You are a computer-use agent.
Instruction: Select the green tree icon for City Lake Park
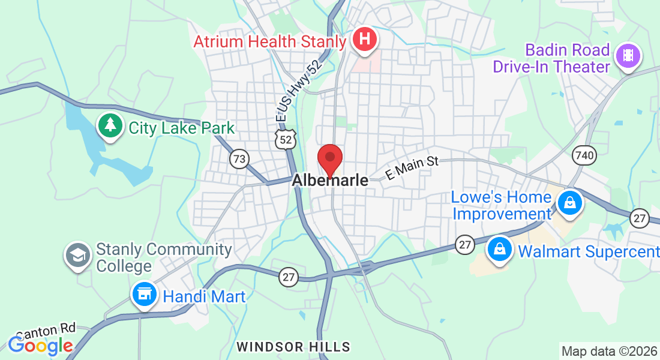point(110,125)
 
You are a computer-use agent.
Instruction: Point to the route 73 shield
point(239,159)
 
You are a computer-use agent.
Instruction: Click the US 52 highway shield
point(285,140)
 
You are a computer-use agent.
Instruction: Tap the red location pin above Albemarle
point(329,160)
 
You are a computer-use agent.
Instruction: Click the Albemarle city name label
point(331,180)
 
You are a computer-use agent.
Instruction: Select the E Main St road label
point(413,167)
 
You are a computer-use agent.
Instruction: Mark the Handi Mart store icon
point(144,294)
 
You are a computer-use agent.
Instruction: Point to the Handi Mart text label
point(205,296)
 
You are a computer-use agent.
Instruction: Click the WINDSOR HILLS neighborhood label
point(293,347)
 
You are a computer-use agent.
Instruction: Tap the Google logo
point(40,346)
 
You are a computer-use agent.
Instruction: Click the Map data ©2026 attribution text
point(608,350)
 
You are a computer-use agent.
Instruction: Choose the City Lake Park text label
point(182,128)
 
